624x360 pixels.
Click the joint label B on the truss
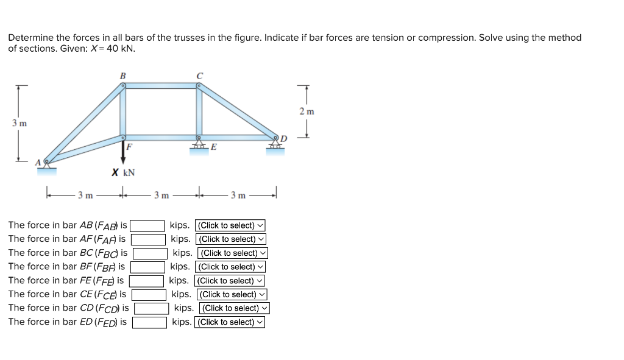pyautogui.click(x=122, y=76)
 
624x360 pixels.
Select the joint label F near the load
pyautogui.click(x=129, y=147)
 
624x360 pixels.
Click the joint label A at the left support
pyautogui.click(x=37, y=162)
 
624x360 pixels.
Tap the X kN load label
pyautogui.click(x=123, y=173)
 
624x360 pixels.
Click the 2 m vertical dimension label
pyautogui.click(x=307, y=111)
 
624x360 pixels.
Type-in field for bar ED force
pyautogui.click(x=150, y=322)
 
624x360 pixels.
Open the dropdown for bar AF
pyautogui.click(x=231, y=239)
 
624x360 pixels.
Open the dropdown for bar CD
pyautogui.click(x=235, y=308)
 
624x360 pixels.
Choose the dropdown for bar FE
pyautogui.click(x=230, y=281)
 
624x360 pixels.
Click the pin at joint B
pyautogui.click(x=122, y=86)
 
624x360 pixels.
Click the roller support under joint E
pyautogui.click(x=198, y=147)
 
